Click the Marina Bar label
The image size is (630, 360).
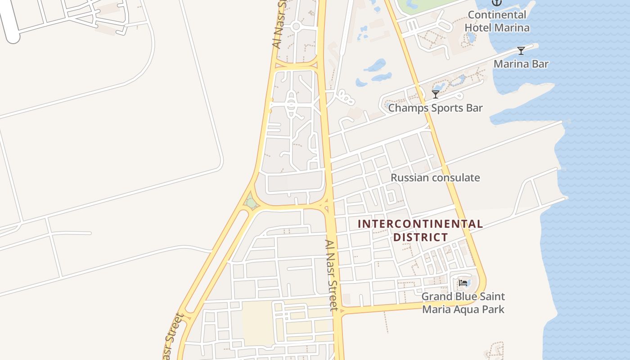pyautogui.click(x=521, y=64)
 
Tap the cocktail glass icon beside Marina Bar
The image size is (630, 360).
pyautogui.click(x=521, y=51)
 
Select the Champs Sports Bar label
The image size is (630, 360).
pyautogui.click(x=435, y=108)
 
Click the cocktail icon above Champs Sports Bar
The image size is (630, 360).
pyautogui.click(x=435, y=94)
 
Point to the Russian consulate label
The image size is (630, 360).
pyautogui.click(x=435, y=178)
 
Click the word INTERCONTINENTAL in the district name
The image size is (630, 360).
pyautogui.click(x=420, y=224)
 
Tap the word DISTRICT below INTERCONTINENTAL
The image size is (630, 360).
pyautogui.click(x=420, y=237)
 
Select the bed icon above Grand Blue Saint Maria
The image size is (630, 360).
pyautogui.click(x=463, y=283)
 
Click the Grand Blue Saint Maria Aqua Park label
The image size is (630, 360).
pyautogui.click(x=463, y=303)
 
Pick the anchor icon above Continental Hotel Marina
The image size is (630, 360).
pyautogui.click(x=496, y=3)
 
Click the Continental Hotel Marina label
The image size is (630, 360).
pyautogui.click(x=497, y=21)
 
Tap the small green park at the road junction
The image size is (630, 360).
pyautogui.click(x=251, y=203)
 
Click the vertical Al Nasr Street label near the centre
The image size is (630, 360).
pyautogui.click(x=332, y=275)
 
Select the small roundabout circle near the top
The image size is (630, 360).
pyautogui.click(x=296, y=27)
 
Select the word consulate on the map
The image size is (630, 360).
pyautogui.click(x=455, y=178)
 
